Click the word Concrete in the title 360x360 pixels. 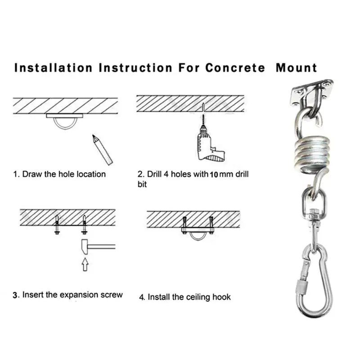[x=235, y=68]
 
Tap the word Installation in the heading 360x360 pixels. [x=54, y=68]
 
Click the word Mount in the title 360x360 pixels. [x=296, y=68]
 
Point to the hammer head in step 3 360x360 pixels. [x=86, y=246]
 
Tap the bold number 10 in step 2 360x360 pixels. [x=215, y=174]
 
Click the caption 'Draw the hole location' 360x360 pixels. [x=64, y=174]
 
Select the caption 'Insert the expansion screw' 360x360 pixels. [x=72, y=295]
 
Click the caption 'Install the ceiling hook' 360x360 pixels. [x=189, y=297]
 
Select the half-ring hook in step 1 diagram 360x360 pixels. [x=66, y=122]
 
